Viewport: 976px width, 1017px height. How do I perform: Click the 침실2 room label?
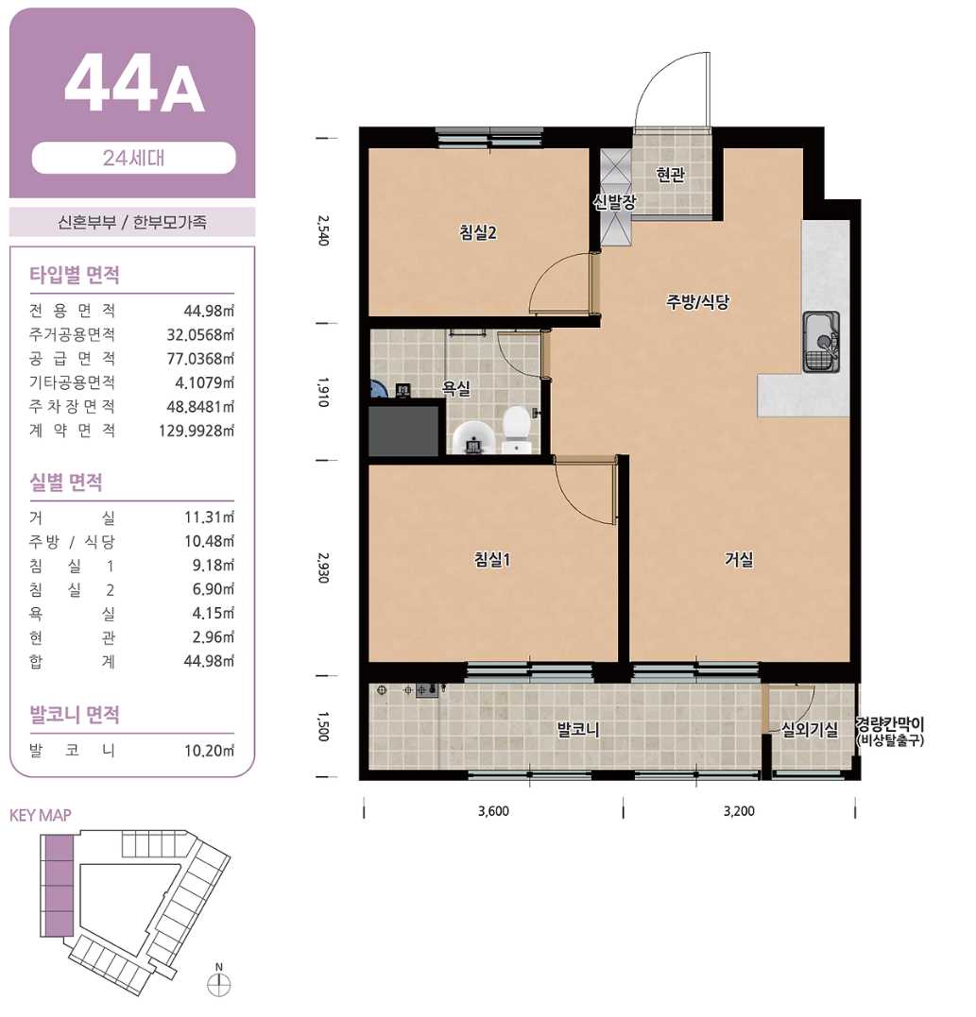pos(478,232)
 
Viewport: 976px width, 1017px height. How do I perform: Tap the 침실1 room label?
pos(492,559)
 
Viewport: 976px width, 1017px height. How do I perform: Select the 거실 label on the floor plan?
pos(739,559)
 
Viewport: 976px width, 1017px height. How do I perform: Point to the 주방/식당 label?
pos(698,301)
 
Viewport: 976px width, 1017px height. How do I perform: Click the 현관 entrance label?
pos(671,175)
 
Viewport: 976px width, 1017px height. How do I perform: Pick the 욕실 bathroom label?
pos(456,388)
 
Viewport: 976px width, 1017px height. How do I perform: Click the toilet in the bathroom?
pos(517,429)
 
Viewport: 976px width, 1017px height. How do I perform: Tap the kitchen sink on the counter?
pos(822,342)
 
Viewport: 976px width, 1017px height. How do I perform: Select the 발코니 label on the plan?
pos(578,730)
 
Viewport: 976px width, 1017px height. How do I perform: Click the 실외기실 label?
pos(809,730)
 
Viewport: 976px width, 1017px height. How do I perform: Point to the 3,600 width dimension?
pos(493,811)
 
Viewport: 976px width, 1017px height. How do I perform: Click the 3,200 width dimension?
pos(739,811)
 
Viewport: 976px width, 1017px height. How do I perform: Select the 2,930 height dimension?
pos(323,568)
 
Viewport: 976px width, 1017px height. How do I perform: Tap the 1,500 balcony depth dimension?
pos(323,726)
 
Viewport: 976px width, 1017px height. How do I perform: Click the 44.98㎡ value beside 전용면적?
pos(209,311)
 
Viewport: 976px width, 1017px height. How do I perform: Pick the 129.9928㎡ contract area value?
pos(197,431)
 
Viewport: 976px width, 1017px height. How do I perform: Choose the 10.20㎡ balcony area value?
pos(209,751)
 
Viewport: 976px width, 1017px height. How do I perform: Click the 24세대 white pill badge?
pos(133,158)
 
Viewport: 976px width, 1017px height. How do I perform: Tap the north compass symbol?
pos(218,983)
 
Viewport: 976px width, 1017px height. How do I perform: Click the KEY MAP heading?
pos(41,815)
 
